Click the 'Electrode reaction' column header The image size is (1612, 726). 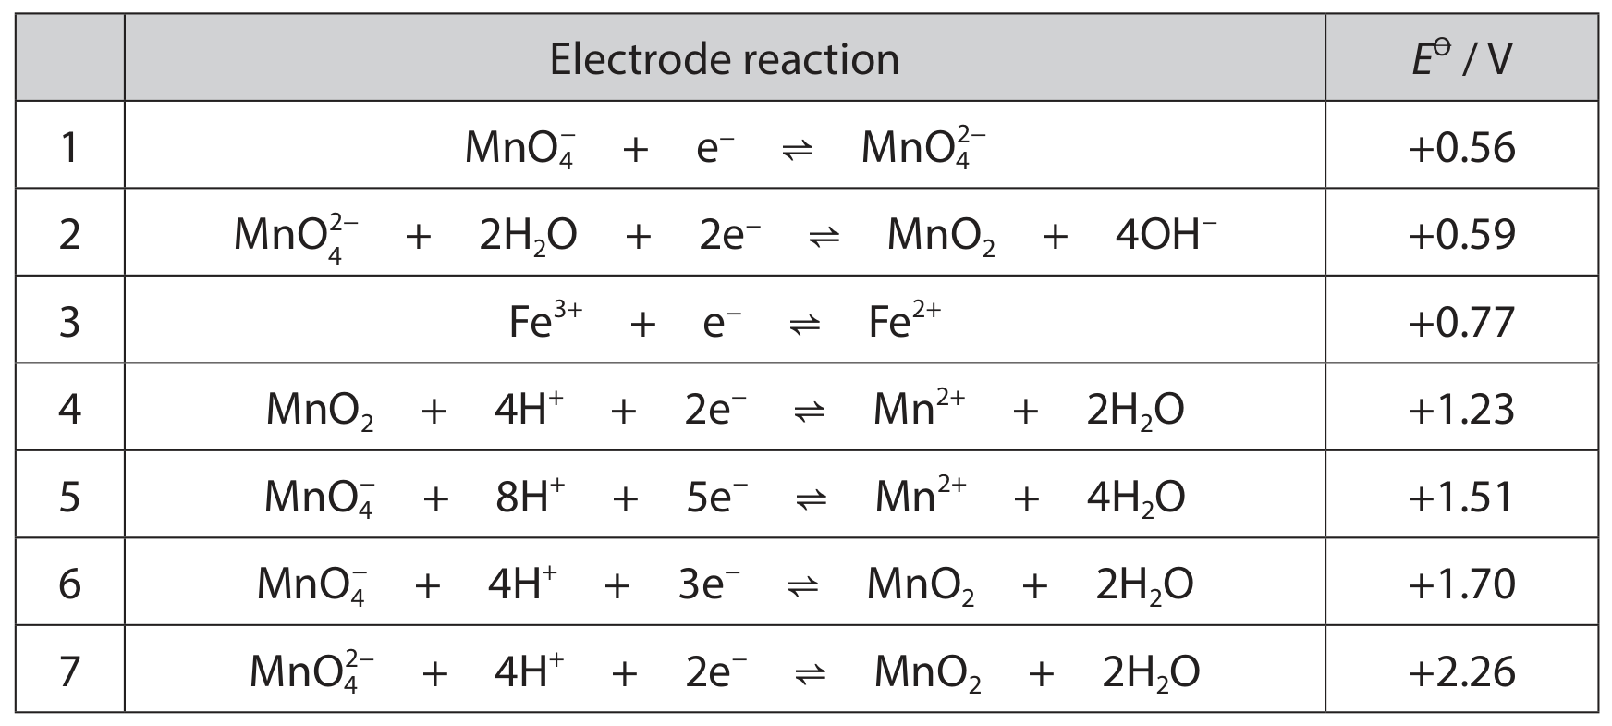pyautogui.click(x=724, y=59)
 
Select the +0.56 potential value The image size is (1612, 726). pyautogui.click(x=1461, y=147)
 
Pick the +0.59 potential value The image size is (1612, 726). pyautogui.click(x=1461, y=234)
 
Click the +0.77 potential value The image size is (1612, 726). pyautogui.click(x=1461, y=321)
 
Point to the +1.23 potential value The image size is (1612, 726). pyautogui.click(x=1461, y=409)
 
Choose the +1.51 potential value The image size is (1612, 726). pyautogui.click(x=1461, y=497)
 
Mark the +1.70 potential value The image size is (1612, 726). pyautogui.click(x=1461, y=584)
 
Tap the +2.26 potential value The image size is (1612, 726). pyautogui.click(x=1461, y=671)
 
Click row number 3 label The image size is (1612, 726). pyautogui.click(x=69, y=322)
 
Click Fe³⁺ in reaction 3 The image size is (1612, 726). pyautogui.click(x=545, y=320)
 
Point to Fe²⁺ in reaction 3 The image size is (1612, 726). pyautogui.click(x=905, y=320)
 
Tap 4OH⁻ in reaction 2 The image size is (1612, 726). pyautogui.click(x=1166, y=233)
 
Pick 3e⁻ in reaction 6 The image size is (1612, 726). pyautogui.click(x=709, y=583)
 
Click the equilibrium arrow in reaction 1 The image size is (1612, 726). pyautogui.click(x=798, y=149)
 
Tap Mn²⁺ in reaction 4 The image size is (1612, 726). pyautogui.click(x=920, y=408)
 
